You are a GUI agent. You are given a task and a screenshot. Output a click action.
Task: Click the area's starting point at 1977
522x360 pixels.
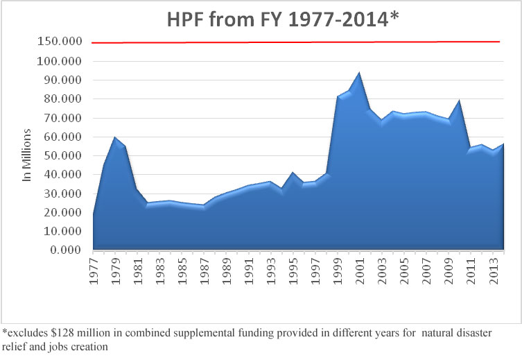tap(93, 214)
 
